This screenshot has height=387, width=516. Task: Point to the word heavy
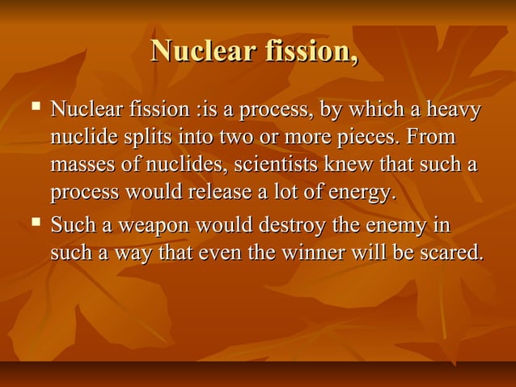tap(455, 109)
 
